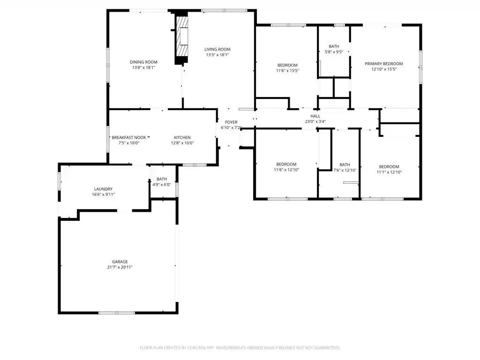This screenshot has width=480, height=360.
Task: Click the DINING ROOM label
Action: (x=143, y=62)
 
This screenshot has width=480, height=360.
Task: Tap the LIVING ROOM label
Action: (x=217, y=49)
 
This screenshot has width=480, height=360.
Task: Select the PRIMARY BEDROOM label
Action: (x=384, y=64)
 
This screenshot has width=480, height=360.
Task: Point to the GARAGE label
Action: (x=120, y=262)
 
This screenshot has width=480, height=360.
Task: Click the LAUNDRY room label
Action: (x=104, y=189)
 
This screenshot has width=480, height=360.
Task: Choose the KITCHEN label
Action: (x=182, y=138)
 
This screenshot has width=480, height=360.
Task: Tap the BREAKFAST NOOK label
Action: (x=129, y=138)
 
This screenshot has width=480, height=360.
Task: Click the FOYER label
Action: (x=232, y=122)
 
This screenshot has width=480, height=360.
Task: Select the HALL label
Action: (x=315, y=116)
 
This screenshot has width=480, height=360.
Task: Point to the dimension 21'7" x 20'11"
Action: (x=120, y=267)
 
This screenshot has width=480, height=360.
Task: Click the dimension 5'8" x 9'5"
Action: (x=334, y=52)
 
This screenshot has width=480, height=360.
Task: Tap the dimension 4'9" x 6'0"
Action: (x=162, y=185)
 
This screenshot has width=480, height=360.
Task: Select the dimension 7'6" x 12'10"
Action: (x=345, y=170)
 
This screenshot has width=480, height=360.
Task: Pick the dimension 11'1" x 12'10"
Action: (x=390, y=172)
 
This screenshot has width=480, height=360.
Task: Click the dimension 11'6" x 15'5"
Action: (x=288, y=71)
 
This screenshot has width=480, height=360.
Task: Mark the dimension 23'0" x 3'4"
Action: (x=315, y=121)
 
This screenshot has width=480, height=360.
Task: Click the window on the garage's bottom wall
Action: (x=117, y=313)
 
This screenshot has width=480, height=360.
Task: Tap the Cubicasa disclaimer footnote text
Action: (x=240, y=348)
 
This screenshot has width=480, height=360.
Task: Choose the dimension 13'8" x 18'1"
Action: (x=144, y=67)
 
